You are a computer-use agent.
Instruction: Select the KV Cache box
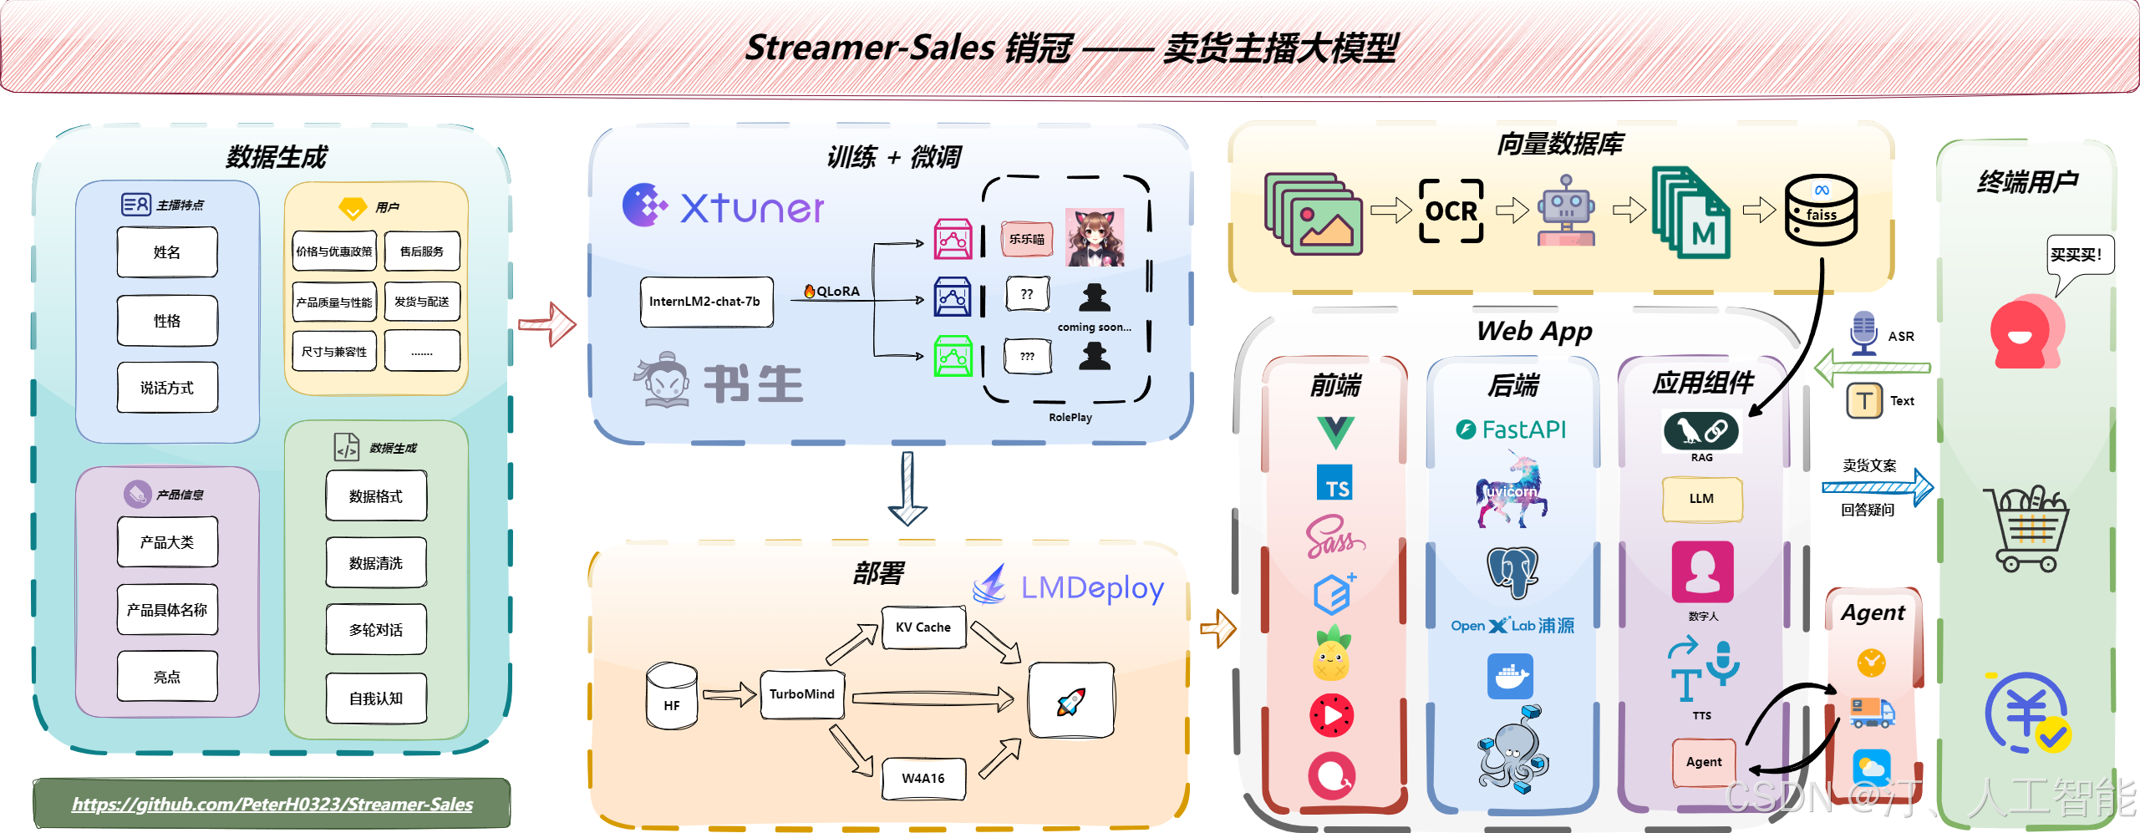pyautogui.click(x=923, y=627)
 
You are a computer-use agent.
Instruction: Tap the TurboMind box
pyautogui.click(x=801, y=694)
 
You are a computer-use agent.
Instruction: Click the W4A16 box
pyautogui.click(x=923, y=778)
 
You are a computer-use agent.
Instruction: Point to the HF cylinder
pyautogui.click(x=672, y=697)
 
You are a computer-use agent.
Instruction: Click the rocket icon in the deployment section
pyautogui.click(x=1071, y=701)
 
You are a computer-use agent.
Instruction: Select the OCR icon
pyautogui.click(x=1451, y=211)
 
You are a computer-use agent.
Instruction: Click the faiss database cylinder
pyautogui.click(x=1821, y=211)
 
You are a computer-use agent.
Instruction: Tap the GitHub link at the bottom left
pyautogui.click(x=272, y=804)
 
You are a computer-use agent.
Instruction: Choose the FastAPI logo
pyautogui.click(x=1512, y=429)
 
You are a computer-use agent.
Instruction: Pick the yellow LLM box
pyautogui.click(x=1701, y=499)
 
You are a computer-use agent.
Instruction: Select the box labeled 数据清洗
pyautogui.click(x=376, y=563)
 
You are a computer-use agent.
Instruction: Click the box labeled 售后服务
pyautogui.click(x=422, y=251)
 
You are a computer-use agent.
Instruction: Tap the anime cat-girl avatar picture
pyautogui.click(x=1095, y=238)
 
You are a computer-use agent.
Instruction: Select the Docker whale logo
pyautogui.click(x=1510, y=676)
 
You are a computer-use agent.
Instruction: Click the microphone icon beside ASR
pyautogui.click(x=1863, y=333)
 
